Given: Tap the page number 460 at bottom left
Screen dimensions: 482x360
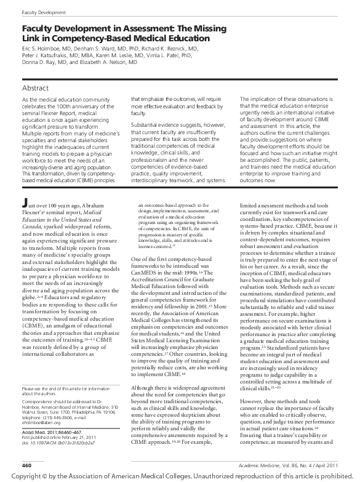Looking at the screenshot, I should pyautogui.click(x=27, y=464).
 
